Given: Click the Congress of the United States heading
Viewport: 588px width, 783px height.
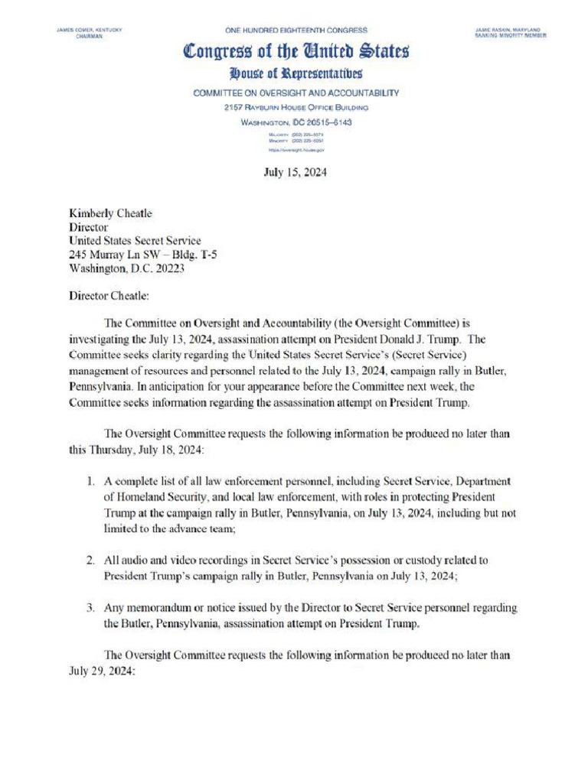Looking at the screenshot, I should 296,52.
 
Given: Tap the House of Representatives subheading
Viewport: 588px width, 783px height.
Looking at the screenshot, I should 296,74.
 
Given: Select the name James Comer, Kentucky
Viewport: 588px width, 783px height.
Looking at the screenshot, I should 90,29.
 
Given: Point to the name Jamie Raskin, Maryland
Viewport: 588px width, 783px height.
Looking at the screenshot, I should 510,29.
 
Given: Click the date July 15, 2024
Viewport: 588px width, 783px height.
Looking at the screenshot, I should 295,172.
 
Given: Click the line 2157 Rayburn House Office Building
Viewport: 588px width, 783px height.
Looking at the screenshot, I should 296,108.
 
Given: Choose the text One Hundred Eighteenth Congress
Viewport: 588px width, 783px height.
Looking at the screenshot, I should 296,30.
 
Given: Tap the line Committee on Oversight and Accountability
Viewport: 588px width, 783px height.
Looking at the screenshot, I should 296,93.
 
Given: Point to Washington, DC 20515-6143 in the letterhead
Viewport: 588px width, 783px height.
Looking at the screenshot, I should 296,122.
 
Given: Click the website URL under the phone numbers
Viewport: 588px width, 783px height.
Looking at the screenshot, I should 296,151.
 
